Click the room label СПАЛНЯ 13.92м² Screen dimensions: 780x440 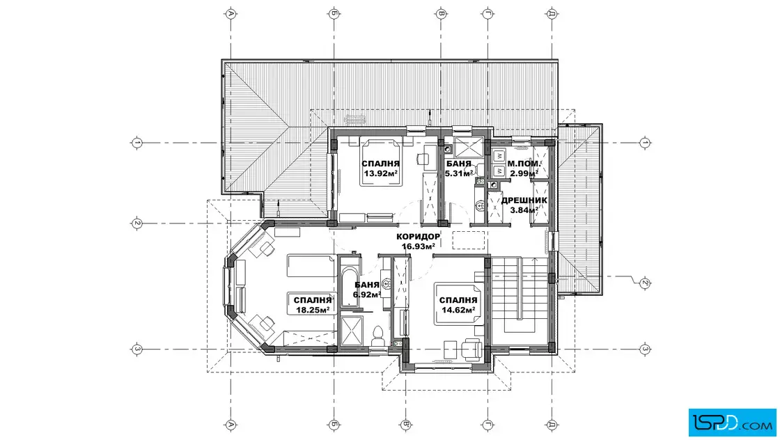click(380, 168)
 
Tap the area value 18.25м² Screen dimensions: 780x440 click(313, 310)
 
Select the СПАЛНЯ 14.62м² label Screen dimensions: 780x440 click(458, 305)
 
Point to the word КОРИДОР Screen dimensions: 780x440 click(419, 237)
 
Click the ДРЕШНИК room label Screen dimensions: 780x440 click(524, 201)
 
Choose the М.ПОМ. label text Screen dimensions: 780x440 click(524, 164)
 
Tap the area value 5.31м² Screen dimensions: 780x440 click(459, 173)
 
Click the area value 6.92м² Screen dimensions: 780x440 click(366, 294)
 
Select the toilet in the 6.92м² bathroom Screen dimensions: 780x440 click(377, 336)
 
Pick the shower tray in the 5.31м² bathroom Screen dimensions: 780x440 click(468, 147)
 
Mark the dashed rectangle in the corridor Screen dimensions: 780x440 click(468, 240)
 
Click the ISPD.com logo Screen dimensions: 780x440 click(732, 423)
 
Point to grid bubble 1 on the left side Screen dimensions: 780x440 click(136, 143)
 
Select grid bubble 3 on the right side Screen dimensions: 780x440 click(645, 349)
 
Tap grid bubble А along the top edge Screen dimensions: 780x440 click(231, 13)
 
